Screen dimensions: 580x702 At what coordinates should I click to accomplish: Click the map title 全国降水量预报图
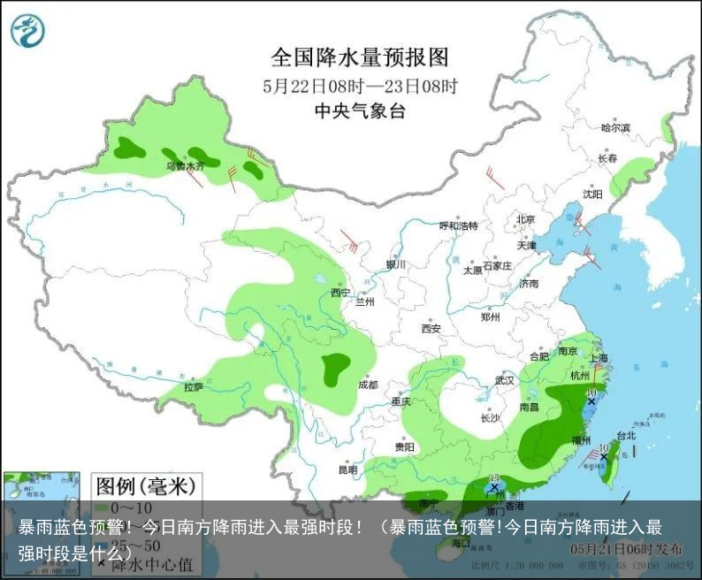(359, 58)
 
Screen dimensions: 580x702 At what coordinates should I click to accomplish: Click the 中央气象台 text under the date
(359, 111)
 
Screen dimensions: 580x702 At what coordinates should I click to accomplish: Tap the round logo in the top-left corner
(27, 30)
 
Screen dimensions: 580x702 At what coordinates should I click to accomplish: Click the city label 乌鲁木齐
(185, 165)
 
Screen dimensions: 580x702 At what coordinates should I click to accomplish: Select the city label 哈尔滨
(615, 128)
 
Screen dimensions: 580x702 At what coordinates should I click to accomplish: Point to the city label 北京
(526, 218)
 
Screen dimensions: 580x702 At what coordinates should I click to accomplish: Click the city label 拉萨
(194, 386)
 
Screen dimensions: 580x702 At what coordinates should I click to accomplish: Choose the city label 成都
(368, 385)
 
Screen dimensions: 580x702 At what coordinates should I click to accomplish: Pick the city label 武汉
(504, 380)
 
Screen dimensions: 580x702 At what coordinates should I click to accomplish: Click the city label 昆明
(349, 469)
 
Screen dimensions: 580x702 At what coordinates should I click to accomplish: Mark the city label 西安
(431, 328)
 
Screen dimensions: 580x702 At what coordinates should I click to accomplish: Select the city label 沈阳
(592, 194)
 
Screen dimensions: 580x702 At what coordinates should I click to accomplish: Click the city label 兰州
(364, 301)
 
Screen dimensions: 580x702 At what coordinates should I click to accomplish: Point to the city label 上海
(599, 358)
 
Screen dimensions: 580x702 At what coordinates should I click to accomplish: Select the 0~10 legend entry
(133, 507)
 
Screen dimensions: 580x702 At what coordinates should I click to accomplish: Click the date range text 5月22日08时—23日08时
(359, 87)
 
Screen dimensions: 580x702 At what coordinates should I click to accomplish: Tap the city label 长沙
(489, 417)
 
